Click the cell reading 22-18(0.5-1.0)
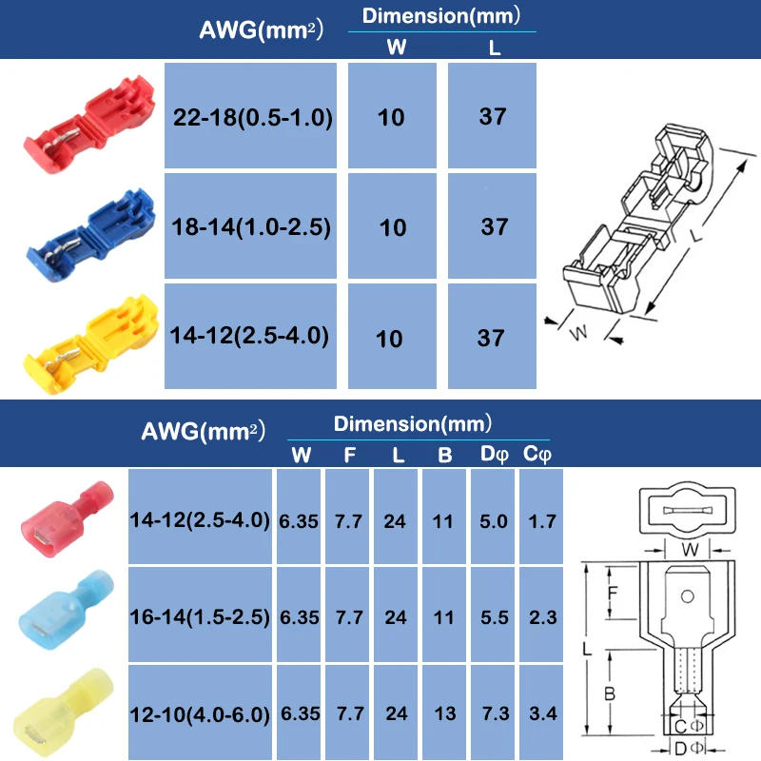pos(251,117)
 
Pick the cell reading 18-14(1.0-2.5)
pos(251,227)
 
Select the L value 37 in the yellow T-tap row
pos(492,338)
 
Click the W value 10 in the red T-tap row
pos(391,117)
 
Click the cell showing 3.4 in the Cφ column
pos(542,712)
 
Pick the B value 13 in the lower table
pos(444,712)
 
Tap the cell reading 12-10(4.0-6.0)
pos(200,712)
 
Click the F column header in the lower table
pos(349,456)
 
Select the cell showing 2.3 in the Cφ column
pos(542,616)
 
